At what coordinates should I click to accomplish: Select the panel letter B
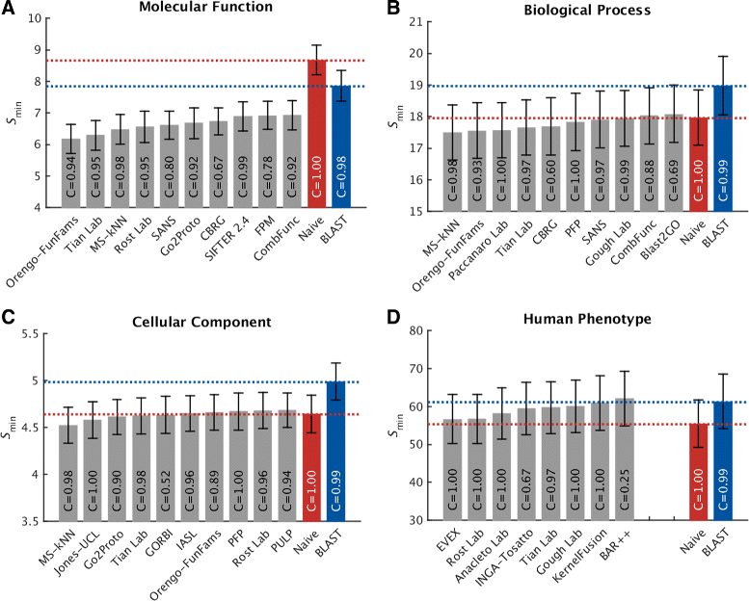(x=392, y=9)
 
